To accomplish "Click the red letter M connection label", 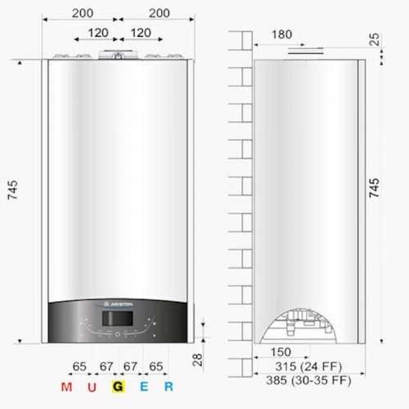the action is point(67,387).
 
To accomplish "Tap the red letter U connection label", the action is point(92,387).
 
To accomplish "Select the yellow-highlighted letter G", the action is point(118,386).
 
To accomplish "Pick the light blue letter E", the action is point(144,387).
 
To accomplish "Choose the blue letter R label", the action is point(169,387).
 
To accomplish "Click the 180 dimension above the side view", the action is point(281,34).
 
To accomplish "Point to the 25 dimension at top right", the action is point(374,39).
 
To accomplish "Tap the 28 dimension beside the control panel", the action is point(197,360).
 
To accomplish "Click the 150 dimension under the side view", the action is point(281,352).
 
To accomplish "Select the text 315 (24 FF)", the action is point(308,366).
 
